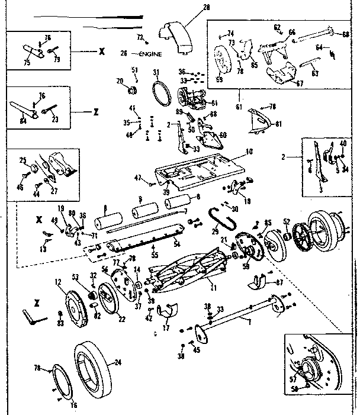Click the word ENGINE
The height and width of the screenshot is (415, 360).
coord(151,53)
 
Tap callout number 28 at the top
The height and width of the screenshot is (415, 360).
coord(189,8)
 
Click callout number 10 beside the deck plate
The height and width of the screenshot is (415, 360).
coord(249,152)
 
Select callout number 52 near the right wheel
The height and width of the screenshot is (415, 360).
coord(286,222)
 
